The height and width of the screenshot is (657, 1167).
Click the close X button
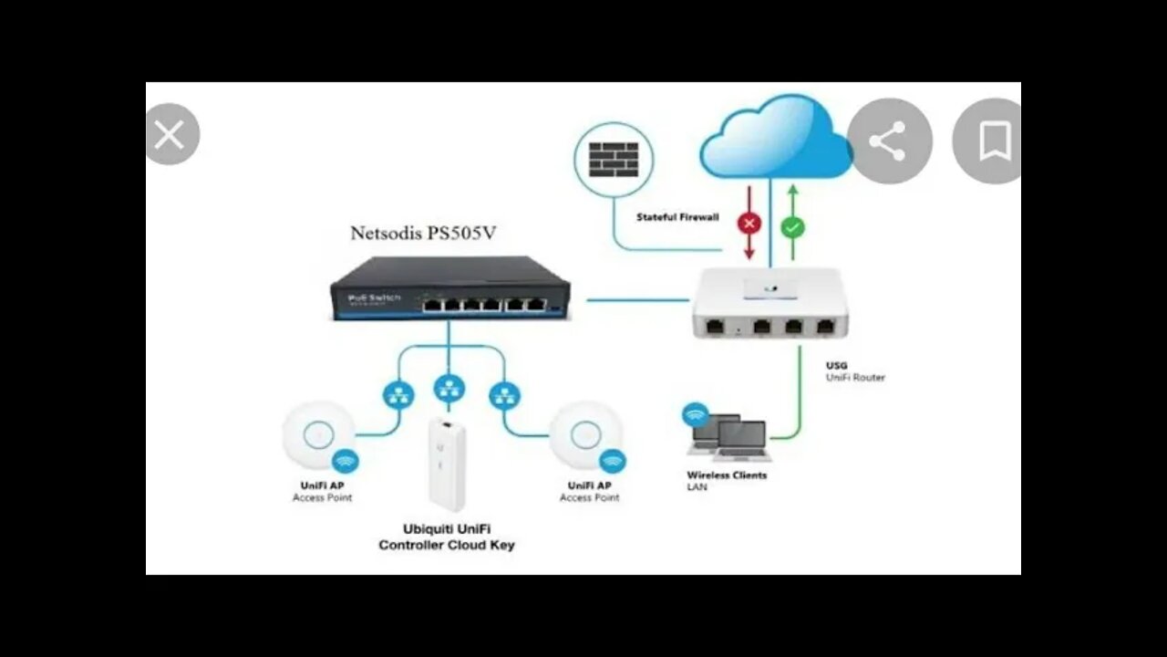pyautogui.click(x=170, y=135)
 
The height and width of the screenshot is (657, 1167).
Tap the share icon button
pyautogui.click(x=888, y=141)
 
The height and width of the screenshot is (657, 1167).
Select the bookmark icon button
pyautogui.click(x=993, y=141)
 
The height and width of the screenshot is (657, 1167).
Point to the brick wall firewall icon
pyautogui.click(x=614, y=159)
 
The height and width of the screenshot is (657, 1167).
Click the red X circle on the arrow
pyautogui.click(x=749, y=224)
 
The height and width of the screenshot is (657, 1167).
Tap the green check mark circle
pyautogui.click(x=793, y=227)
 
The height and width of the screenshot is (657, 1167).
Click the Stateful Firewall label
pyautogui.click(x=677, y=217)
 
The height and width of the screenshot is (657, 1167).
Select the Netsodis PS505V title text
pyautogui.click(x=423, y=234)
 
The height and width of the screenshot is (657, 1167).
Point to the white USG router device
pyautogui.click(x=769, y=303)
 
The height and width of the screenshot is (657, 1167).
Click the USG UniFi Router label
pyautogui.click(x=854, y=371)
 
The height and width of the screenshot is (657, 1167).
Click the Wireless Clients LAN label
pyautogui.click(x=726, y=481)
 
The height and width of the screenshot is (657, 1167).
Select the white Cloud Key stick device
pyautogui.click(x=448, y=464)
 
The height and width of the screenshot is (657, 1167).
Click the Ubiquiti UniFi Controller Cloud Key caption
pyautogui.click(x=446, y=537)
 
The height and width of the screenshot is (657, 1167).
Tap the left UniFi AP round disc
pyautogui.click(x=319, y=436)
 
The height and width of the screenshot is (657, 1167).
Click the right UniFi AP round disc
pyautogui.click(x=586, y=436)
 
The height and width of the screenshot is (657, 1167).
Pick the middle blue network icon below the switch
pyautogui.click(x=447, y=389)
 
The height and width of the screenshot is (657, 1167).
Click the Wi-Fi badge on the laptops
pyautogui.click(x=696, y=415)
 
